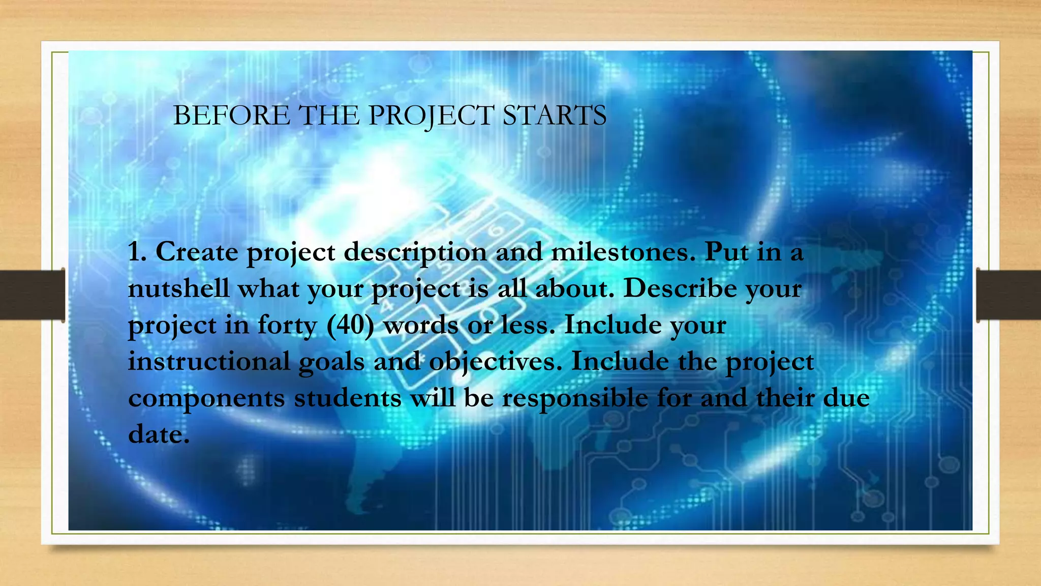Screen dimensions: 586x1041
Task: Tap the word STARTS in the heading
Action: coord(555,115)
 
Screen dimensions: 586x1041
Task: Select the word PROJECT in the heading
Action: coord(430,115)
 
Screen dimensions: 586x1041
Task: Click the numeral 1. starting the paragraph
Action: coord(137,252)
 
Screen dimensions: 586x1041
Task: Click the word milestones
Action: coord(623,252)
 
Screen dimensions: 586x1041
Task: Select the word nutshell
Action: coord(178,288)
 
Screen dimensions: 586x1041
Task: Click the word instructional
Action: coord(208,362)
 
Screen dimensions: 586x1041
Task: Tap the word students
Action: coord(348,398)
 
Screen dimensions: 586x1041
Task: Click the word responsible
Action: coord(575,398)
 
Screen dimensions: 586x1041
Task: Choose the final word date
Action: coord(158,434)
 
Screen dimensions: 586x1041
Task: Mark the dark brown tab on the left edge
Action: coord(32,295)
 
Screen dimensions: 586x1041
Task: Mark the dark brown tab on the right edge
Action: coord(1009,295)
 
